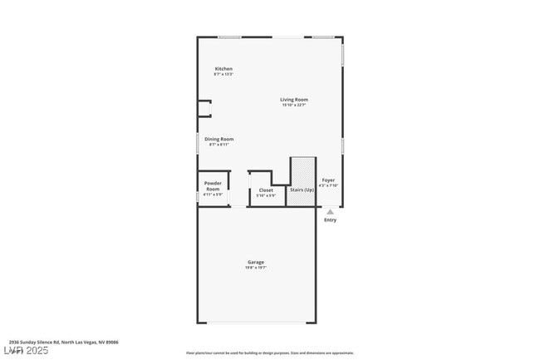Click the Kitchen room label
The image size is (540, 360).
[223, 68]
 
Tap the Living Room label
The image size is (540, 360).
[294, 100]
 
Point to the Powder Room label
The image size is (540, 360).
[214, 186]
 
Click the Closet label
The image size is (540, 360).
[266, 190]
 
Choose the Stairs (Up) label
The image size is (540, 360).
[301, 190]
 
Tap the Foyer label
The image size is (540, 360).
[329, 180]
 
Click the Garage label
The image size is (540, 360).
[255, 262]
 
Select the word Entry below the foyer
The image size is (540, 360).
[330, 220]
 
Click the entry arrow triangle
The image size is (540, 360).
[330, 212]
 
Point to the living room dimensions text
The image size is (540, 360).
[294, 106]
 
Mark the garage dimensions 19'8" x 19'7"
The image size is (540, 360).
[255, 268]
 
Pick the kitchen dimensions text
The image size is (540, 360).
[223, 74]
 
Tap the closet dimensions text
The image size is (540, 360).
[266, 195]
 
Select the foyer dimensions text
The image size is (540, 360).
[329, 185]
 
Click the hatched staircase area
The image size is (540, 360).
[300, 171]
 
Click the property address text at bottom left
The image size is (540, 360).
[63, 342]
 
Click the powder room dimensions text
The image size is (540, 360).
[214, 195]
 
